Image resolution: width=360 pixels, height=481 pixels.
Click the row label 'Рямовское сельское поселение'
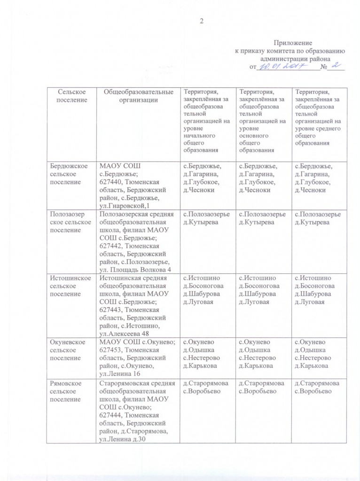coord(70,391)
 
